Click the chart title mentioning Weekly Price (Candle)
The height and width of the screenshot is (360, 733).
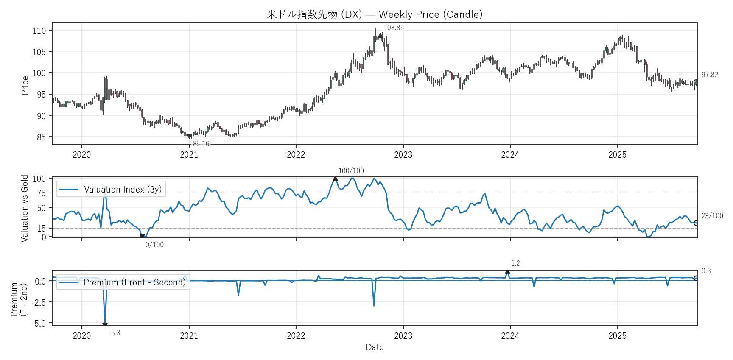click(x=375, y=14)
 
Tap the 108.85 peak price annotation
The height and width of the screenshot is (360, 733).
click(x=394, y=28)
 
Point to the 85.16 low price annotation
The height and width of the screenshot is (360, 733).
click(x=201, y=144)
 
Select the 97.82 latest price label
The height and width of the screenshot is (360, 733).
click(x=710, y=75)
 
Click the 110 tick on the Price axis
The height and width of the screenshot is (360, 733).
click(x=39, y=31)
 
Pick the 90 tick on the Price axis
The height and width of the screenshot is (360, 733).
click(x=41, y=116)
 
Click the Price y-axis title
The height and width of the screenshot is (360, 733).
click(x=25, y=85)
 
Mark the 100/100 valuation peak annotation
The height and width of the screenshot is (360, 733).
click(x=351, y=171)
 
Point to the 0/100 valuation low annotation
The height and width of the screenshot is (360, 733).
click(x=154, y=245)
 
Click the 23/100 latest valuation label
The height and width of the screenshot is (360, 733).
click(x=712, y=216)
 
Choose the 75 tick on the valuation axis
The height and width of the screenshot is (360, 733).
click(x=41, y=193)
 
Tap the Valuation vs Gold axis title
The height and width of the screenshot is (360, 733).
click(x=25, y=208)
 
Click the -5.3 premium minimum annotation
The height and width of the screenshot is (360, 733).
click(x=115, y=333)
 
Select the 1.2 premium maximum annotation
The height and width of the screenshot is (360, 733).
click(x=515, y=264)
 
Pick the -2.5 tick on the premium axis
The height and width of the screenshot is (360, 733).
click(x=38, y=302)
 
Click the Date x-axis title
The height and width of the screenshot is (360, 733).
click(x=375, y=347)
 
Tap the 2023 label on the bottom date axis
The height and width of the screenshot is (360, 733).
click(x=403, y=336)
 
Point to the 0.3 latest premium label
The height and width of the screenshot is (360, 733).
click(x=706, y=271)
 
